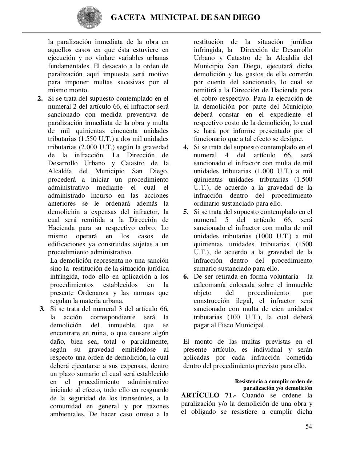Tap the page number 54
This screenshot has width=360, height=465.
pos(308,426)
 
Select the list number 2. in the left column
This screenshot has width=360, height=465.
pos(40,98)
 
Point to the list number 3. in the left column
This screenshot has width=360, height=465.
pos(42,309)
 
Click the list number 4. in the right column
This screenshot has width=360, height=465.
pos(186,147)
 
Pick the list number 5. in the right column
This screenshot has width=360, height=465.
pos(186,212)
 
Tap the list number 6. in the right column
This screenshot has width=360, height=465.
pos(186,277)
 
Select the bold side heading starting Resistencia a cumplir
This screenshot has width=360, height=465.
pos(273,381)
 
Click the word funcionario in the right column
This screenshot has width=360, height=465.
pos(211,139)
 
